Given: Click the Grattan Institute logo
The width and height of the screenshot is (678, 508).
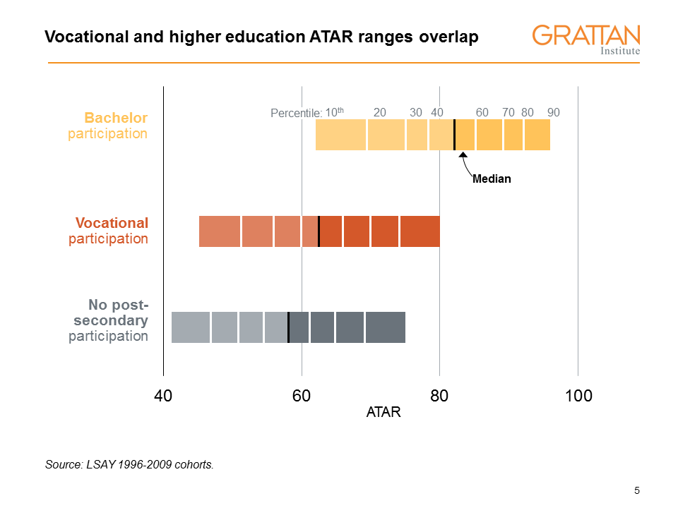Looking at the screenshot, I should (586, 40).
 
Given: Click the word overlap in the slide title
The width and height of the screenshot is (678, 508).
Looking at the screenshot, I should (450, 37).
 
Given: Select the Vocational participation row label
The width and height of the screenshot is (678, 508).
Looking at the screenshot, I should (109, 231).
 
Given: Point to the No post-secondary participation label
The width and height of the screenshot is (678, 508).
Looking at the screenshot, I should (109, 320).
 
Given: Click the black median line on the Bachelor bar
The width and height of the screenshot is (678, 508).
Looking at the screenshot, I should (454, 135).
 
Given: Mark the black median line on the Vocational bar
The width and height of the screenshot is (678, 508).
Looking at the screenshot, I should (319, 231).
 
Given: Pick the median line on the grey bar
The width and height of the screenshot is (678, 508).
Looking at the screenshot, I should (288, 327).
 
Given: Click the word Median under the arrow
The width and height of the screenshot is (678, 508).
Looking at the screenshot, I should (491, 179).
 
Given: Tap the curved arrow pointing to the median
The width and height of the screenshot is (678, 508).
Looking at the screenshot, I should (464, 164).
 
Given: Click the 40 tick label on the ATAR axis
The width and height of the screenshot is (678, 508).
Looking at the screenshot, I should (163, 397).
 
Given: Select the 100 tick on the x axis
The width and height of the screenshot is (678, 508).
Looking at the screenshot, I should (578, 397).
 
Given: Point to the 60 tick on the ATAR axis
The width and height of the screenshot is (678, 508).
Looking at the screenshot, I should (302, 397).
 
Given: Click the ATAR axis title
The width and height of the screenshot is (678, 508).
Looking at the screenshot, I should (383, 413).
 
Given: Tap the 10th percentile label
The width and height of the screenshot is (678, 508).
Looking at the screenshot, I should (333, 112).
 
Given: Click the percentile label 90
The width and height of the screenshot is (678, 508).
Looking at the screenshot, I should (554, 112).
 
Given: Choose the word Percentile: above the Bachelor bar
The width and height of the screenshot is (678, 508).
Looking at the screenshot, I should (296, 113).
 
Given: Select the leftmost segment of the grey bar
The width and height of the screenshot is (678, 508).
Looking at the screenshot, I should (191, 327).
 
